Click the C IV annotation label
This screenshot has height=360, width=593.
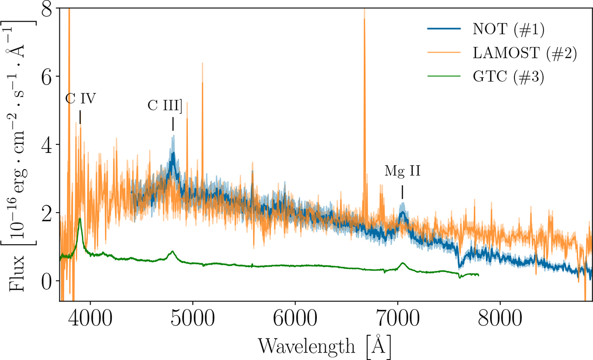tap(80, 99)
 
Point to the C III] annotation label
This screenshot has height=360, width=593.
tap(165, 106)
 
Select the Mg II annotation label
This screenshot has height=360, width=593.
tap(402, 173)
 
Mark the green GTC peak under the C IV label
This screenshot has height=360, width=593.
tap(80, 219)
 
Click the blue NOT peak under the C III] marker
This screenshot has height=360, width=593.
tap(173, 154)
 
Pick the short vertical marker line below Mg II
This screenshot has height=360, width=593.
tap(402, 191)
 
